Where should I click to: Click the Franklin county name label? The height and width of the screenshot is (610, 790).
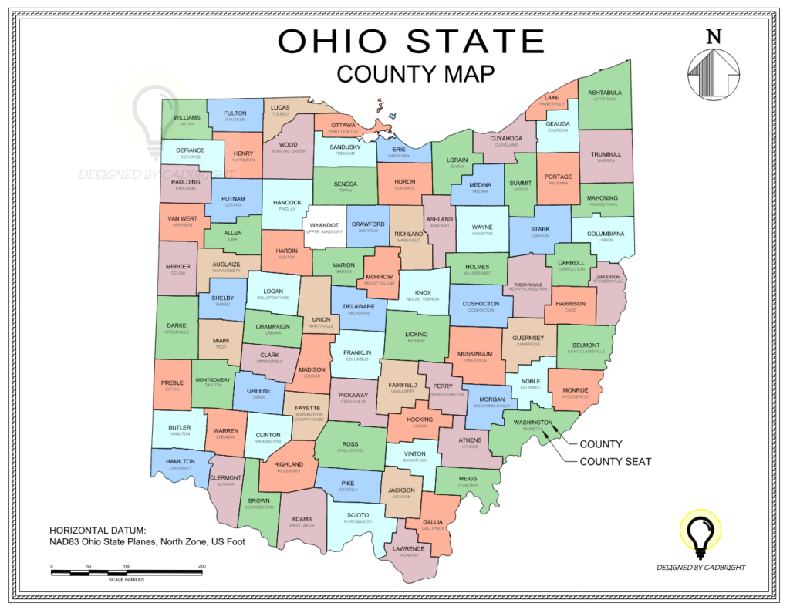click(357, 352)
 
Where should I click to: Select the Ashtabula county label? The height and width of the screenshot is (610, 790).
click(605, 93)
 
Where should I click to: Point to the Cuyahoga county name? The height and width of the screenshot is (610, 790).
click(508, 139)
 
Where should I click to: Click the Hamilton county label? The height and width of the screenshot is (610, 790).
click(179, 461)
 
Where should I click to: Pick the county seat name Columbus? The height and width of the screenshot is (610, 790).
click(357, 359)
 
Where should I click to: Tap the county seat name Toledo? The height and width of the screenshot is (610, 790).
click(280, 113)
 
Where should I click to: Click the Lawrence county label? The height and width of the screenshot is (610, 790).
click(408, 548)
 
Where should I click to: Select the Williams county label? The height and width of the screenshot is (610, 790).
click(187, 117)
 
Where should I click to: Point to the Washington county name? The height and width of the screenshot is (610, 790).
click(533, 422)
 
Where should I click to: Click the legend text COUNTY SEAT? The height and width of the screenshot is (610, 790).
click(615, 462)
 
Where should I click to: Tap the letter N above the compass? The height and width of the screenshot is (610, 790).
click(714, 35)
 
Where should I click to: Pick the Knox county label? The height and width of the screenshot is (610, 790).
click(423, 292)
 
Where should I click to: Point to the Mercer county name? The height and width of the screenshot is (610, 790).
click(177, 266)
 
